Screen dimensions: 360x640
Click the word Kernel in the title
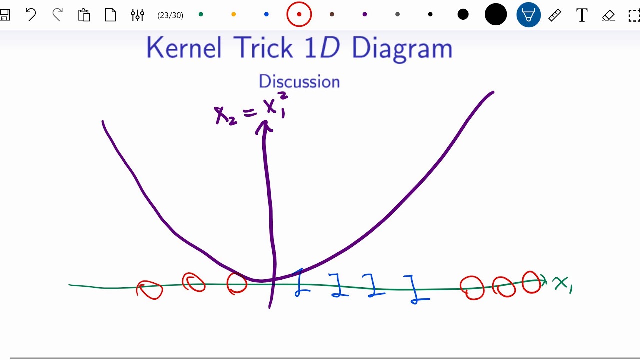click(x=184, y=48)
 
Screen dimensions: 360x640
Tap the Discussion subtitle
click(x=299, y=81)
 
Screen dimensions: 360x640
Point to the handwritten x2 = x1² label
click(x=249, y=110)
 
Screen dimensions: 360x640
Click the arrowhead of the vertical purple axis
click(x=264, y=127)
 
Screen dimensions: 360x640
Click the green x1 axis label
click(x=562, y=284)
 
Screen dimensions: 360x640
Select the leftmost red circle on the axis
click(x=150, y=289)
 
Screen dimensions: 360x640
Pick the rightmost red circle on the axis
click(x=531, y=282)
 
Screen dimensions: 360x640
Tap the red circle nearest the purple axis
click(x=237, y=283)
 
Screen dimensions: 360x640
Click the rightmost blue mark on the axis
click(x=415, y=290)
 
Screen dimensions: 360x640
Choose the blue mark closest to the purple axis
click(x=300, y=283)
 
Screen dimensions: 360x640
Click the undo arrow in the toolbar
click(x=31, y=15)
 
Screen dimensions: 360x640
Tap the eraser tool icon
click(x=608, y=15)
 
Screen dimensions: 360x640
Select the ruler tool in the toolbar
click(x=555, y=15)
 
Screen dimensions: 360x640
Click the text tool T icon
click(x=581, y=15)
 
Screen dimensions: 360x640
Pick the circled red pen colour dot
click(x=299, y=15)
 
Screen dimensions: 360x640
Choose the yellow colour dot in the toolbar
click(x=233, y=15)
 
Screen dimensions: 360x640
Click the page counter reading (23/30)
click(x=170, y=15)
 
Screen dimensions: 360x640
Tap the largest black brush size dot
click(x=496, y=15)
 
